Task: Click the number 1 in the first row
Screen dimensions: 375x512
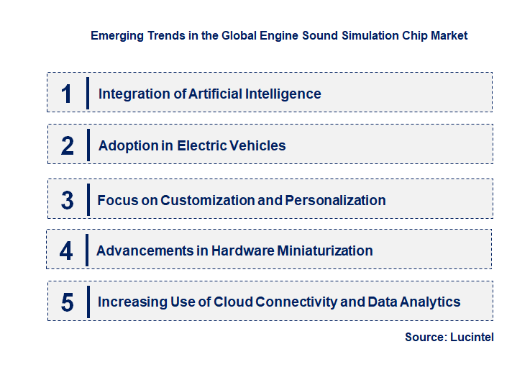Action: click(x=67, y=94)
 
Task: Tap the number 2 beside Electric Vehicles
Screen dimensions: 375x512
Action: click(x=68, y=145)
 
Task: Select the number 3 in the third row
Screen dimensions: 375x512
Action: click(x=68, y=200)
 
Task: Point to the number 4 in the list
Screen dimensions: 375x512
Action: click(x=67, y=251)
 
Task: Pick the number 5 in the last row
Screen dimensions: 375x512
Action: click(x=68, y=302)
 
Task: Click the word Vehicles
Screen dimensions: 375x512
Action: click(x=257, y=145)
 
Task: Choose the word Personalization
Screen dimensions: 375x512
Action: click(x=335, y=200)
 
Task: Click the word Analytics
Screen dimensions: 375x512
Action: click(x=431, y=302)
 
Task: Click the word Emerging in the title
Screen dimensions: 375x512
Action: click(x=115, y=35)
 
